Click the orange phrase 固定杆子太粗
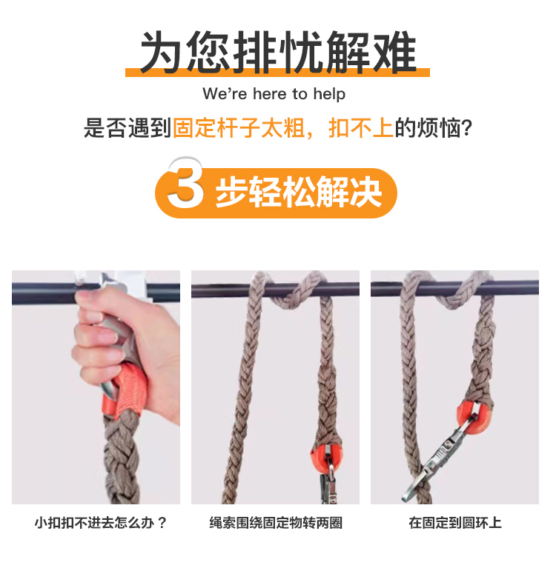pos(239,129)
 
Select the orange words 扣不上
pos(360,129)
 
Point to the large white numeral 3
pos(185,184)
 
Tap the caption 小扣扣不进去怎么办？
pos(101,523)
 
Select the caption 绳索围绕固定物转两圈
pos(276,523)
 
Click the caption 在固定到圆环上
pos(455,523)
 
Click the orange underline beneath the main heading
pos(278,73)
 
